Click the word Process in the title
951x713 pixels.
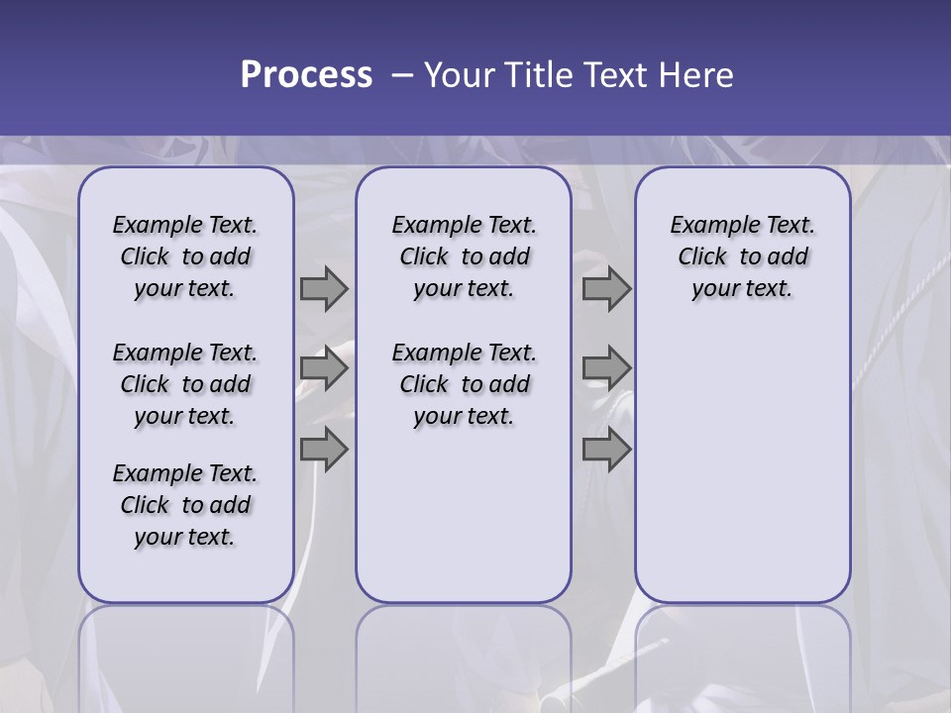point(306,75)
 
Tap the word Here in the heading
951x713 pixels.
point(697,75)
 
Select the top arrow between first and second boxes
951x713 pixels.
point(324,288)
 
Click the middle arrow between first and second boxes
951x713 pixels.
point(324,368)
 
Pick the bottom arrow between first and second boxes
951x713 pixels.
point(324,449)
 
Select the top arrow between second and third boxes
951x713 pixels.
point(606,288)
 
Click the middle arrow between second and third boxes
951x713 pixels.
point(606,368)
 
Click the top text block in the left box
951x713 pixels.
point(185,256)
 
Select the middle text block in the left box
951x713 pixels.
point(185,384)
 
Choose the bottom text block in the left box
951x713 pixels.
point(185,505)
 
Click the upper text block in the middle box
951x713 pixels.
point(464,256)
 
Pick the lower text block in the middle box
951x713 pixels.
point(464,384)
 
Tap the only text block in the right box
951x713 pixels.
point(742,256)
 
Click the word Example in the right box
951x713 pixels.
point(707,226)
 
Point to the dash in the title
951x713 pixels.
point(402,75)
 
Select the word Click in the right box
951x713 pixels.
point(702,257)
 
